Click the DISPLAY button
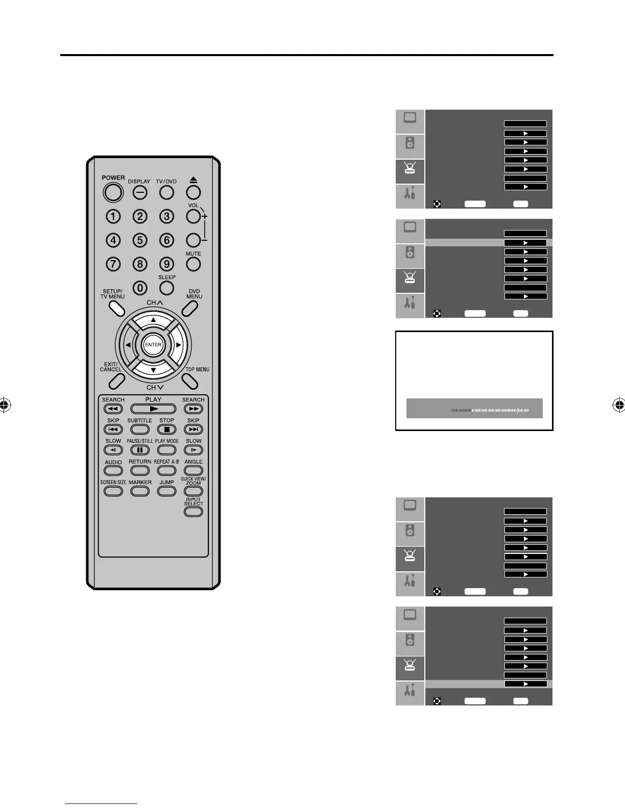(140, 192)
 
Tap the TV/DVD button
(166, 192)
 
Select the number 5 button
(140, 240)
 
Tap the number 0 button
(140, 288)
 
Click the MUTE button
(193, 264)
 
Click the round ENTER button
(153, 345)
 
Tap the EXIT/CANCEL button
(117, 381)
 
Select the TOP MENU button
(189, 381)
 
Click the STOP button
(166, 430)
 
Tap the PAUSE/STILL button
(140, 450)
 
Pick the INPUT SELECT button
(194, 512)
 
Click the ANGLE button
(194, 471)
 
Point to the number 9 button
(166, 264)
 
